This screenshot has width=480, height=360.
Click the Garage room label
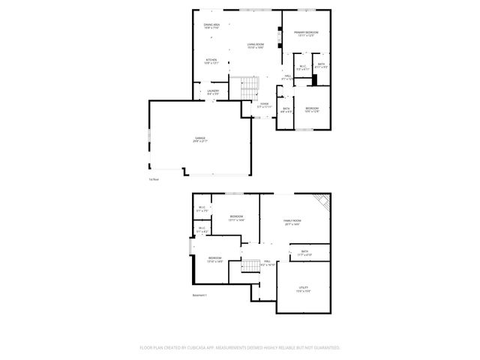(x=200, y=139)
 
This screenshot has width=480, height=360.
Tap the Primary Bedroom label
(x=306, y=34)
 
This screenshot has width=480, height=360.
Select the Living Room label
(x=256, y=46)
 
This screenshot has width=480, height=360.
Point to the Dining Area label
(x=211, y=26)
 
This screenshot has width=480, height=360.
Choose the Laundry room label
(x=212, y=92)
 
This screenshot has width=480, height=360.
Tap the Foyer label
(x=264, y=105)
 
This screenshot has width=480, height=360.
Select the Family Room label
(x=292, y=222)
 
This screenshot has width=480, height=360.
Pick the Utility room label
(x=304, y=289)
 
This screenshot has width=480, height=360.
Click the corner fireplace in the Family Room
(x=322, y=202)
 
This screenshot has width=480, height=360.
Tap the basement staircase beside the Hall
(x=249, y=268)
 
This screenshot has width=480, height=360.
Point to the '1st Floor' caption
(x=154, y=179)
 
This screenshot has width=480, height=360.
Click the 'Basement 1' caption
(x=199, y=295)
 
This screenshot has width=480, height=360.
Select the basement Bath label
(x=304, y=253)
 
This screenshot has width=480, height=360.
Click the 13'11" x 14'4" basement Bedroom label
(x=237, y=217)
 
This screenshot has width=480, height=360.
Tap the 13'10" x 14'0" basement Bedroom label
(x=215, y=259)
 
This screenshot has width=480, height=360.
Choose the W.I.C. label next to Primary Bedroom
(x=303, y=67)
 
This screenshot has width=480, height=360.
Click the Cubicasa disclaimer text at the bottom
(x=240, y=348)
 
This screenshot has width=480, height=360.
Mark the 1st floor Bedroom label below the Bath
(x=312, y=111)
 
